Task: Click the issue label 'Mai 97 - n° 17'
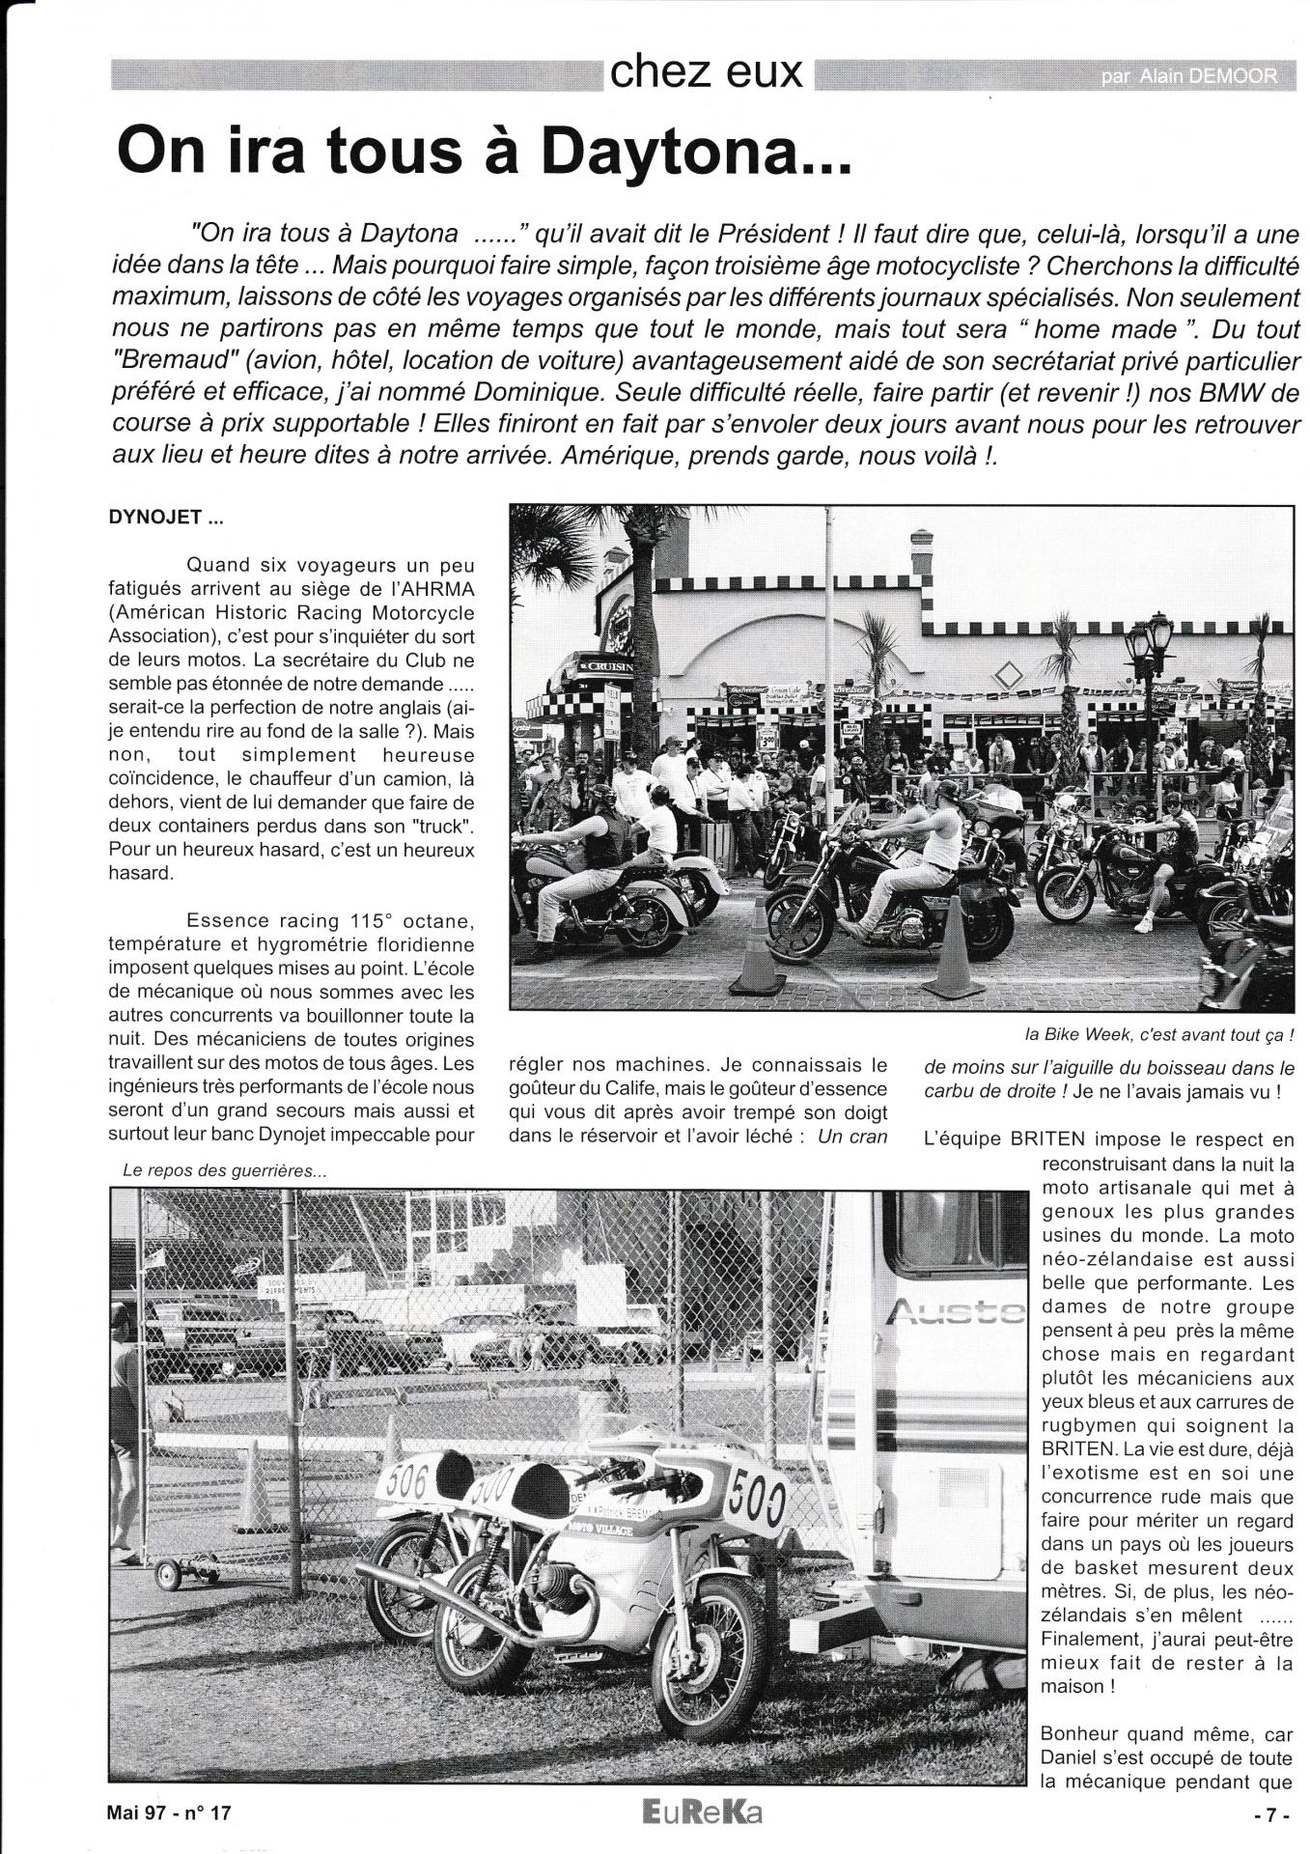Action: pos(170,1812)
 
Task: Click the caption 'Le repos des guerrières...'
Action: pos(225,1170)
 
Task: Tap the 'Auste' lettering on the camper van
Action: pos(954,1311)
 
